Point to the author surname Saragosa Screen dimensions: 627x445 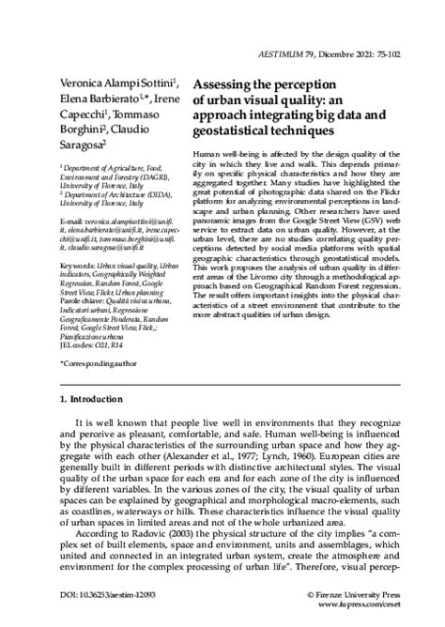[x=82, y=145]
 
